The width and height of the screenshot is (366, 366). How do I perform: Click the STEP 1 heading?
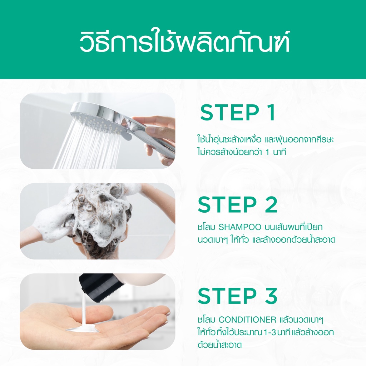238,113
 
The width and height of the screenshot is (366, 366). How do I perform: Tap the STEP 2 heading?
238,205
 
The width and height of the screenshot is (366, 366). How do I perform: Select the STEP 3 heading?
238,296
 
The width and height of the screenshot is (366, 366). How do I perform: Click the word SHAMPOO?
235,227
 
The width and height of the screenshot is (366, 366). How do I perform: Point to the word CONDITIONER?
247,319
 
